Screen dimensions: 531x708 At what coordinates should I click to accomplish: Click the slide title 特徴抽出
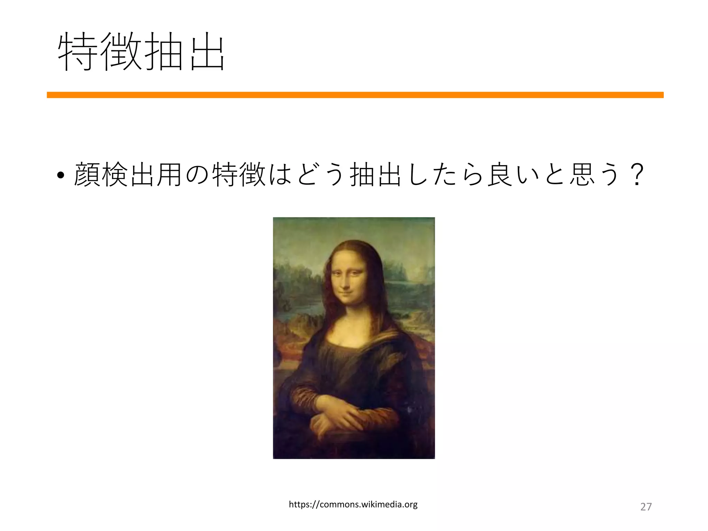(x=141, y=52)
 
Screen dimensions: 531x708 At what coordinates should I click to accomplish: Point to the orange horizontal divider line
(x=355, y=95)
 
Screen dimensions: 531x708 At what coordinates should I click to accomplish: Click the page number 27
(x=646, y=507)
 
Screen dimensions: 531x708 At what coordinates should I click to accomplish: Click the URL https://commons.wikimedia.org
(x=353, y=505)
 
